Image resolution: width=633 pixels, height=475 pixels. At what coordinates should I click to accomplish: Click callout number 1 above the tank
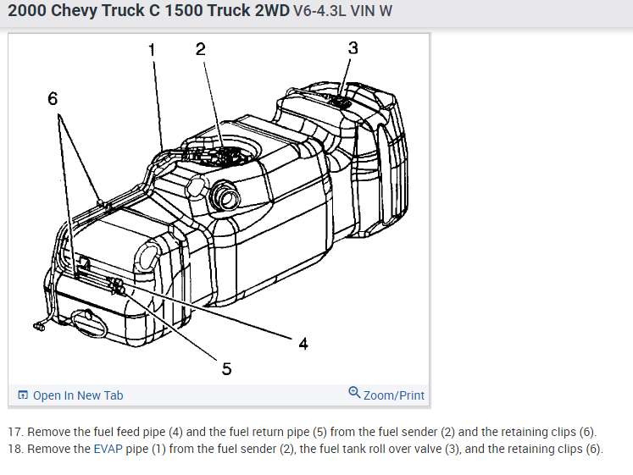tap(152, 50)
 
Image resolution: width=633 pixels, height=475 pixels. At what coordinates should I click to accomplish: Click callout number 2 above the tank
tap(201, 49)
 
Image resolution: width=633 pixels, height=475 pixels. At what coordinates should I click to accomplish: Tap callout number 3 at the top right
tap(353, 48)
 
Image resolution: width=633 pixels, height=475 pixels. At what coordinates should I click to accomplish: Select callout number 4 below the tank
tap(303, 344)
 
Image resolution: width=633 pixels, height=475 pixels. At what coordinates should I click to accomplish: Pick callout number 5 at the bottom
tap(227, 368)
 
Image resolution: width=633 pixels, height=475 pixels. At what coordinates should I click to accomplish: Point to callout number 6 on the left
tap(53, 98)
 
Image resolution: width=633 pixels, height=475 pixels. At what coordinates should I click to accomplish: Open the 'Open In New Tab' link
tap(78, 395)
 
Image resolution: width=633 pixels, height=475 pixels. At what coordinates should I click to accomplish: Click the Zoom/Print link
tap(393, 395)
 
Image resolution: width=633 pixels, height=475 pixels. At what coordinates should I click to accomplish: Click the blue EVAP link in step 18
tap(108, 449)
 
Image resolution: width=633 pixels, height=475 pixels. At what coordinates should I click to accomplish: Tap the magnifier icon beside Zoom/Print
tap(354, 392)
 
